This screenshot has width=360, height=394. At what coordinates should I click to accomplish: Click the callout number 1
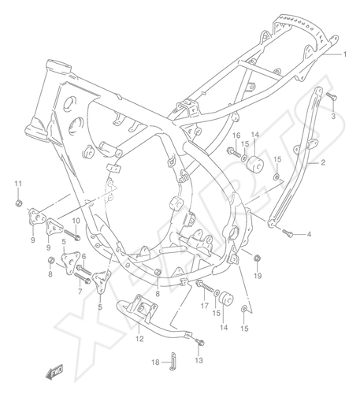345,54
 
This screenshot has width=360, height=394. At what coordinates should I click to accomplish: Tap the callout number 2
323,162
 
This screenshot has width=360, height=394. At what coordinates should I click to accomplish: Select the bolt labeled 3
332,96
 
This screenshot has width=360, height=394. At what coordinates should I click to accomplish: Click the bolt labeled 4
288,232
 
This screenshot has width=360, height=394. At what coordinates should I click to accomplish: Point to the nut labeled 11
18,203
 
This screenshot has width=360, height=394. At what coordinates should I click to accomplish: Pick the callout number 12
139,339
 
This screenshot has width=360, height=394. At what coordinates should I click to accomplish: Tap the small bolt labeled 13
200,342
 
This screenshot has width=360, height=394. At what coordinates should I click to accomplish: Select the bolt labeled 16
234,151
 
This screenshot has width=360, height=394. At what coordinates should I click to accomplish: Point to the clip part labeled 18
173,361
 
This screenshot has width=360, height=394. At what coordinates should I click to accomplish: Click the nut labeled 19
258,258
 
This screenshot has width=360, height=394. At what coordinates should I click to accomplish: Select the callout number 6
84,256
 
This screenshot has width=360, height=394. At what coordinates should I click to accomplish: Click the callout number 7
80,291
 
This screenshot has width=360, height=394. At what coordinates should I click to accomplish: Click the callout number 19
258,276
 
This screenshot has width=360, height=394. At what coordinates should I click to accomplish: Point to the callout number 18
155,362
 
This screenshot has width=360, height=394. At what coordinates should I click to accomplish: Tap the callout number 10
76,221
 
